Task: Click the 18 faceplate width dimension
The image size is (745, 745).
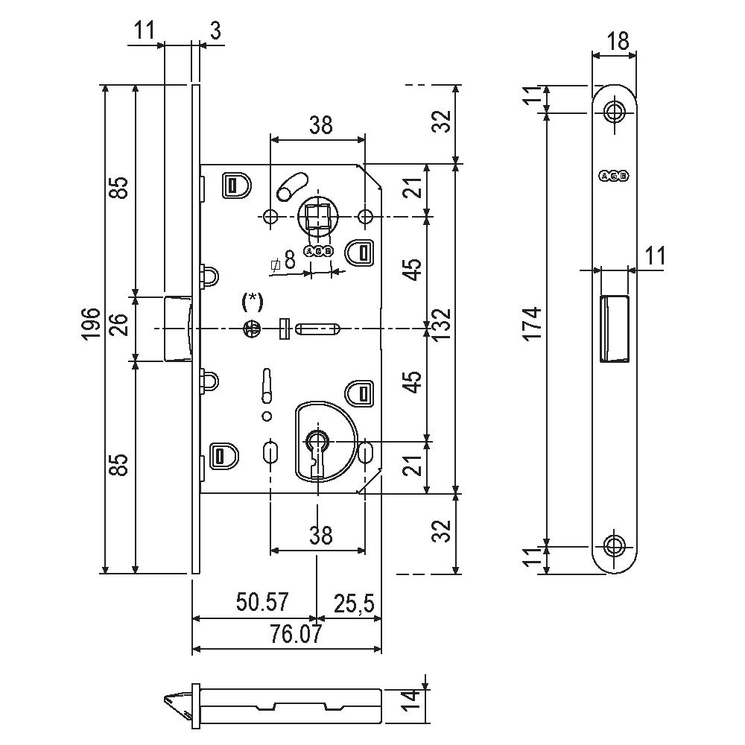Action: (615, 41)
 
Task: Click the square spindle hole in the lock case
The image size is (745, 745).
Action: (318, 217)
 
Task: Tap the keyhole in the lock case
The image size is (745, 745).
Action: (317, 443)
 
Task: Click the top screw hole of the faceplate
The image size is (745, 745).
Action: (615, 112)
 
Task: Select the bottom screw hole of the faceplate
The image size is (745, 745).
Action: (615, 545)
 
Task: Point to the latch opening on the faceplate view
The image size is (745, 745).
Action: (613, 328)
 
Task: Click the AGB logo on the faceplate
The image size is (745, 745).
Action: (614, 176)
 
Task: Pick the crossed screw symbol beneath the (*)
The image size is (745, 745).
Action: (252, 328)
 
